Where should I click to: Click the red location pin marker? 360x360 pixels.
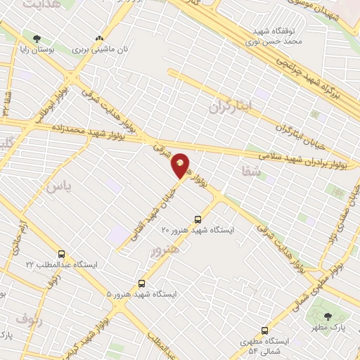click(x=181, y=164)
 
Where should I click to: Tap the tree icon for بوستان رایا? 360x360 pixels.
click(x=37, y=39)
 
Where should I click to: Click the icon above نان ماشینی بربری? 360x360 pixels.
click(x=98, y=39)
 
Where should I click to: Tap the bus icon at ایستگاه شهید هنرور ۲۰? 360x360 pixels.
click(x=198, y=219)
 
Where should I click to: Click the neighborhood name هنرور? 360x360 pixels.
click(x=165, y=248)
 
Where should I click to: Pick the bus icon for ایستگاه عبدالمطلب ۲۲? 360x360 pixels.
click(x=61, y=254)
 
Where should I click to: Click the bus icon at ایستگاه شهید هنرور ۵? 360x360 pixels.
click(x=142, y=284)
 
